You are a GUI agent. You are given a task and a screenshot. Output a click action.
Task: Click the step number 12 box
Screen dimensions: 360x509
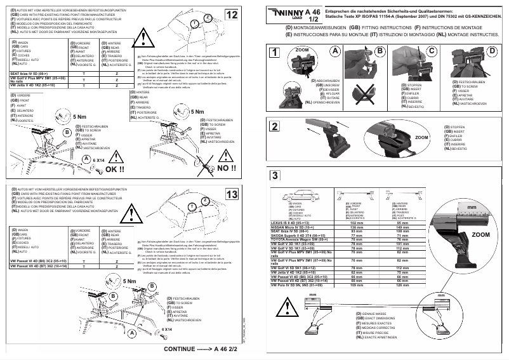pos(232,14)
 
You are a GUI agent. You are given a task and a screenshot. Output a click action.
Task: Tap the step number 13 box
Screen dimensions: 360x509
pos(232,194)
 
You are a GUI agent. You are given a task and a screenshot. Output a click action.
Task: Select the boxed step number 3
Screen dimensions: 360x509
pos(274,176)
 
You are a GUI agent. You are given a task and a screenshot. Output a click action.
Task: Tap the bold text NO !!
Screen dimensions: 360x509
pos(226,170)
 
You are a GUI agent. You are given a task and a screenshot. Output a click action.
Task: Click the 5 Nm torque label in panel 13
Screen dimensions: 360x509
pos(131,281)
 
